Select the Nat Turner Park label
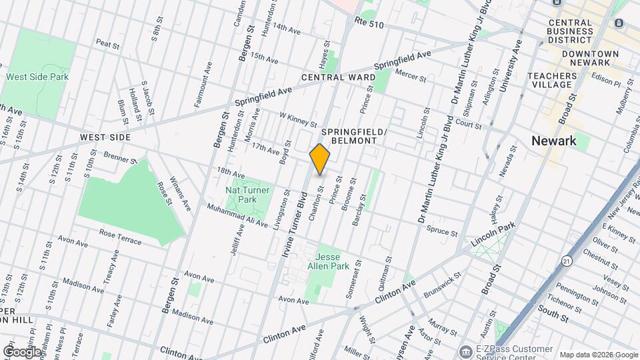point(247,195)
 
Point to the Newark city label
point(554,141)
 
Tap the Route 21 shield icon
point(567,261)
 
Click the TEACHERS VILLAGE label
point(551,80)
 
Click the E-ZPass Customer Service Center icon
point(465,351)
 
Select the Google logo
point(21,351)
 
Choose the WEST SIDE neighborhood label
point(105,137)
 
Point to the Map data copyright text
point(598,355)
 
